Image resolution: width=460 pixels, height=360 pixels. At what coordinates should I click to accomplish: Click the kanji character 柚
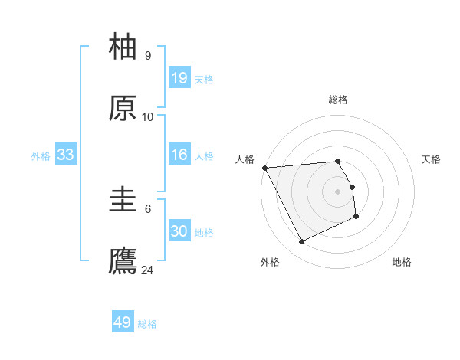(x=123, y=47)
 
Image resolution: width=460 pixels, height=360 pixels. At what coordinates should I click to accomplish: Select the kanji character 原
(x=123, y=109)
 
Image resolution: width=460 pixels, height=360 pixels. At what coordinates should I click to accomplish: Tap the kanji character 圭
(x=123, y=201)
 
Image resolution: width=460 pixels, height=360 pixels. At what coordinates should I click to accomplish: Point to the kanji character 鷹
(x=123, y=261)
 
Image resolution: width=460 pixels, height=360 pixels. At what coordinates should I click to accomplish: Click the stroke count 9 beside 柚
(x=148, y=56)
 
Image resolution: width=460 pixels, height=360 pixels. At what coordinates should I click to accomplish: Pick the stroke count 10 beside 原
(x=148, y=117)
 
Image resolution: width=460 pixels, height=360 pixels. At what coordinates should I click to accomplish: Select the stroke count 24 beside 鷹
(x=148, y=270)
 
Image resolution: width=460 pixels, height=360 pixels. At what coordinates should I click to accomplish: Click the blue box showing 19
(x=179, y=78)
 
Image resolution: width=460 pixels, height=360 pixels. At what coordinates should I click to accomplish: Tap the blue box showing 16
(x=179, y=155)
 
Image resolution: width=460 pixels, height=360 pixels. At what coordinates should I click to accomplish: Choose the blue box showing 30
(x=179, y=231)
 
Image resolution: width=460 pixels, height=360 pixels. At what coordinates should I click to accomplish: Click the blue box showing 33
(x=66, y=155)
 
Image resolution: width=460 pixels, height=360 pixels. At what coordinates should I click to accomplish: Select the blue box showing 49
(x=123, y=322)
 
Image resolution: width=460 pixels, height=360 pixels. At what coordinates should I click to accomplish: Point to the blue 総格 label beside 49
(x=147, y=324)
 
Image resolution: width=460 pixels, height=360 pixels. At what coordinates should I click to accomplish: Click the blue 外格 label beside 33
(x=41, y=156)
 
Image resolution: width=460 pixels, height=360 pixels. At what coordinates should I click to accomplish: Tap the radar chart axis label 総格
(x=338, y=100)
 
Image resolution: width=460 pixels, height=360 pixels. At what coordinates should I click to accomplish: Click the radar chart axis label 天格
(x=432, y=159)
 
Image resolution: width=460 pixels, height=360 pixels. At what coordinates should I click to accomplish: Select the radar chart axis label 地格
(x=402, y=262)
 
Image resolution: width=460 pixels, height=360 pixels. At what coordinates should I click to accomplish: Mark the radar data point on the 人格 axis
(x=264, y=168)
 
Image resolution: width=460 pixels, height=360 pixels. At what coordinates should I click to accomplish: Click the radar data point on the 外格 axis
(x=301, y=242)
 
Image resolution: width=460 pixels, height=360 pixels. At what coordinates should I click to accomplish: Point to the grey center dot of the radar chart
(x=338, y=191)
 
